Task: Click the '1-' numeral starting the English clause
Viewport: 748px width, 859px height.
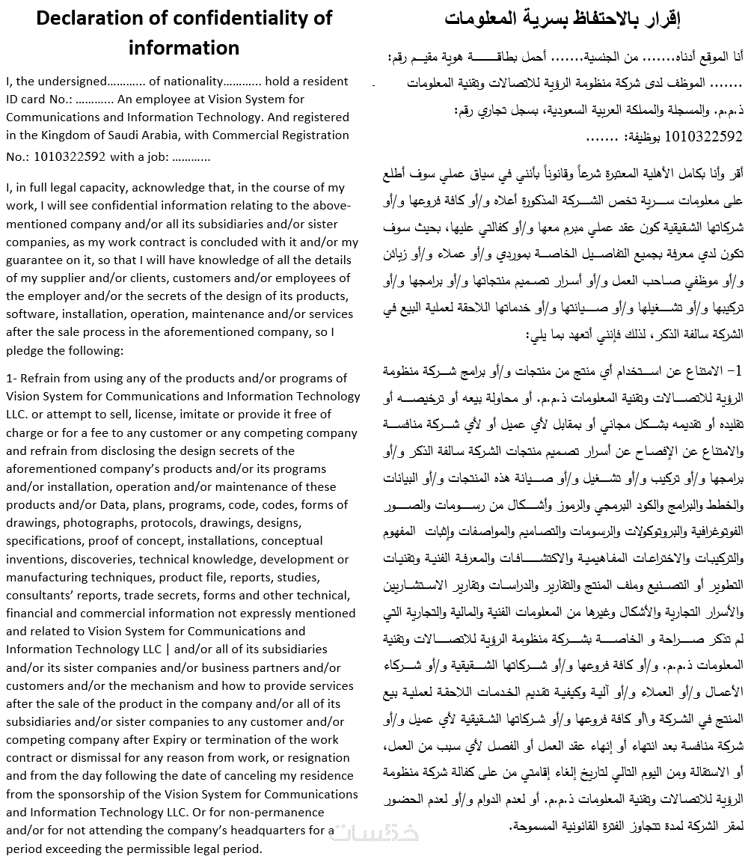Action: pyautogui.click(x=11, y=378)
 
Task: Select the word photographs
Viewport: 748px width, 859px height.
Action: pyautogui.click(x=99, y=522)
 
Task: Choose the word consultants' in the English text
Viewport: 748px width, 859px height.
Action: pyautogui.click(x=40, y=595)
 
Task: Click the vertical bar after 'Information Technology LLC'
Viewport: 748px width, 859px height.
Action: pyautogui.click(x=168, y=649)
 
